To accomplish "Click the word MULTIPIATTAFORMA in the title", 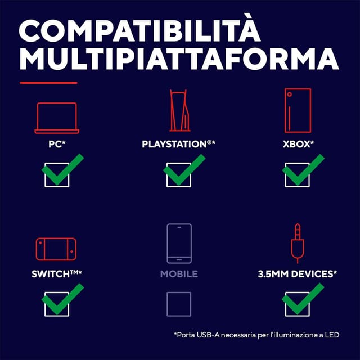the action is pos(179,58).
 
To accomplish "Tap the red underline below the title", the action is pos(48,83).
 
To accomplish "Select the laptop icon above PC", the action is pos(57,118).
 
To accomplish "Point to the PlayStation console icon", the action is pos(180,110).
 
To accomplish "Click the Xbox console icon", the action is pos(298,110).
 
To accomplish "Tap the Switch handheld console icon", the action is pos(56,249).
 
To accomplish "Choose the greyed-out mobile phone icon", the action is pos(179,244).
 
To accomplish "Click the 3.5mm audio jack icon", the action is pos(298,244).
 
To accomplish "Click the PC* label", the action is pos(57,144).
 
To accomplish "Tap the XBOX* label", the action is pos(298,144).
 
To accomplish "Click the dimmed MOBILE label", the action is pos(179,274).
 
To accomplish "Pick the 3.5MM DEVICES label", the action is pos(298,274).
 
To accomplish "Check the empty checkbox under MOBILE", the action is pos(179,304).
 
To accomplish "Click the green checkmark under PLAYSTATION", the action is pos(184,169).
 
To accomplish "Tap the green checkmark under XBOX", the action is pos(303,169).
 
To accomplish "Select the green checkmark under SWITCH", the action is pos(62,299).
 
